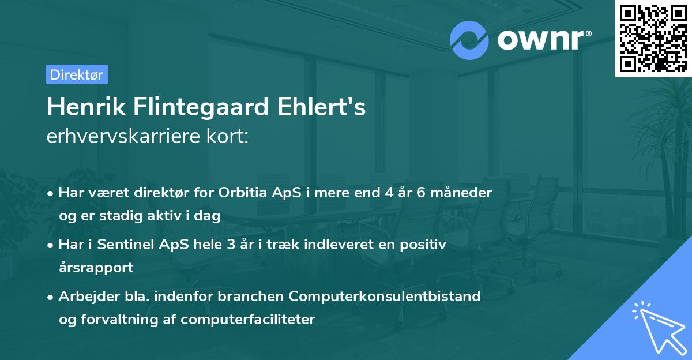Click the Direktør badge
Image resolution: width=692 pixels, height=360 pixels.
point(77,74)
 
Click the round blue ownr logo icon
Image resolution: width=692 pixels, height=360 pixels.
point(469,40)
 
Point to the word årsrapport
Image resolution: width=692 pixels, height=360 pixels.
point(96,267)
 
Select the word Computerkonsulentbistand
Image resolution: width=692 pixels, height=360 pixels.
point(385,297)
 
